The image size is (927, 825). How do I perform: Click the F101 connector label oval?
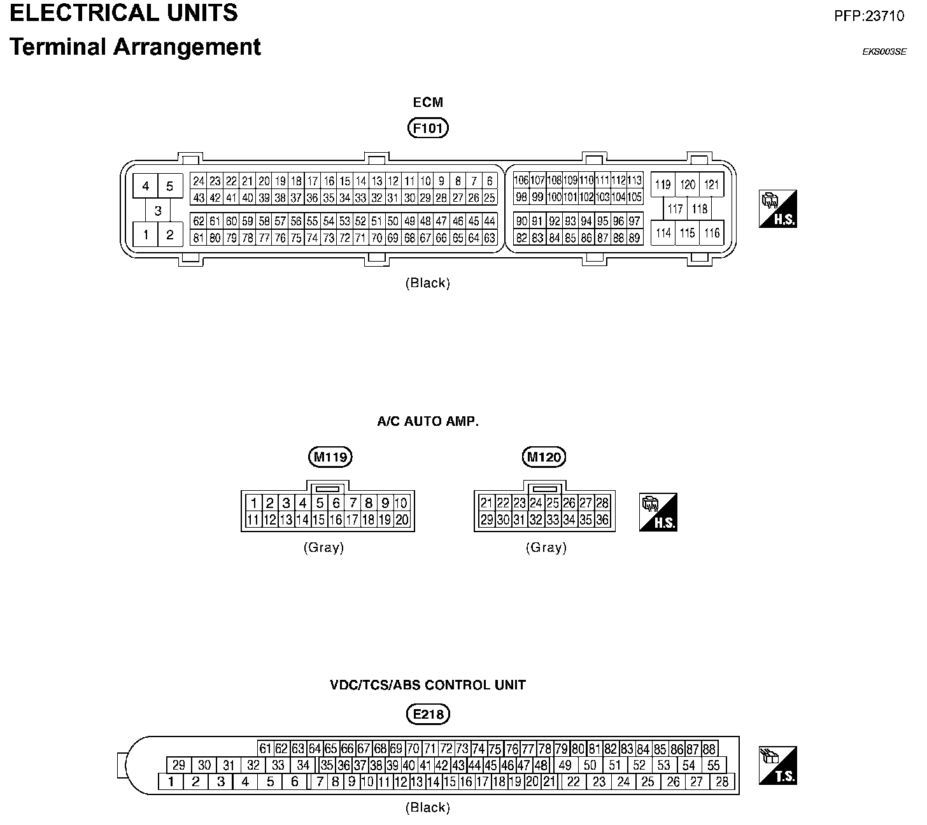[x=428, y=129]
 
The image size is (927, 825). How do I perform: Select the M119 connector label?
[x=329, y=456]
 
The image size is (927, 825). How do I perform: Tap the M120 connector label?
[x=544, y=456]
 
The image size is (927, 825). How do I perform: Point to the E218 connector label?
[x=428, y=714]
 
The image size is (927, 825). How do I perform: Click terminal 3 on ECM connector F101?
[x=158, y=211]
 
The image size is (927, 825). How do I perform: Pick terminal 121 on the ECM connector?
[x=712, y=185]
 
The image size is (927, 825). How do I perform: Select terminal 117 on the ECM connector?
[x=676, y=209]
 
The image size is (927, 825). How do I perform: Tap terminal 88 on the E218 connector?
[x=709, y=749]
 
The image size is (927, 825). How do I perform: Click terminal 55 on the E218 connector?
[x=714, y=765]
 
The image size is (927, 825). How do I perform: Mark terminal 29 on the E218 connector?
[x=179, y=765]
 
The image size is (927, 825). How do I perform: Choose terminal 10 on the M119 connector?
[x=401, y=503]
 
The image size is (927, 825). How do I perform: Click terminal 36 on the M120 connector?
[x=602, y=519]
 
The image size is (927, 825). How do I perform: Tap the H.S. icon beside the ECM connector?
[x=778, y=209]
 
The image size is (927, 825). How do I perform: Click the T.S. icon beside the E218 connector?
[x=777, y=765]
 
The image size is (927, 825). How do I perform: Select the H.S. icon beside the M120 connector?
[x=658, y=512]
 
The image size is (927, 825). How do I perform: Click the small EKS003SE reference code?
[x=884, y=52]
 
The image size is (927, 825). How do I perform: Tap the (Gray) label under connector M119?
[x=323, y=547]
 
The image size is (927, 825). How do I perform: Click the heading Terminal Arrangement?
[x=135, y=47]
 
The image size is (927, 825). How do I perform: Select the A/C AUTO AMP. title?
[x=428, y=421]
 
